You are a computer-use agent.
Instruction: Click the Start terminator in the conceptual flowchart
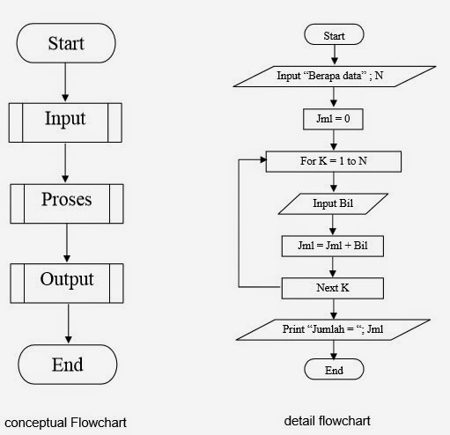click(67, 41)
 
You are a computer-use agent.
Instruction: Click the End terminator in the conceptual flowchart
click(67, 364)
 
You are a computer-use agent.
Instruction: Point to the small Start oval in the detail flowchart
click(334, 35)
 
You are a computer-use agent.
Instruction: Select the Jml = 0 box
click(334, 116)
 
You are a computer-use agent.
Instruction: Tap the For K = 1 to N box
click(334, 161)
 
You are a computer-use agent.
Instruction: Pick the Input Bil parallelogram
click(334, 204)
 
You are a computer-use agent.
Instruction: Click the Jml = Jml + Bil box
click(334, 246)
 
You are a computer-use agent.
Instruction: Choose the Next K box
click(334, 288)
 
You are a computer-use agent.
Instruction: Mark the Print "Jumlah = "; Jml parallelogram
click(333, 329)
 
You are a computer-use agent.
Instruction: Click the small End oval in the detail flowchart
click(334, 370)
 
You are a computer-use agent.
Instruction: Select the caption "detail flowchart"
click(327, 421)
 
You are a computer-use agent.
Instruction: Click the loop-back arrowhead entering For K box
click(262, 161)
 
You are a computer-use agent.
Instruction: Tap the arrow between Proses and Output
click(67, 242)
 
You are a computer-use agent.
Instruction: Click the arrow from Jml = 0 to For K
click(334, 139)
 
